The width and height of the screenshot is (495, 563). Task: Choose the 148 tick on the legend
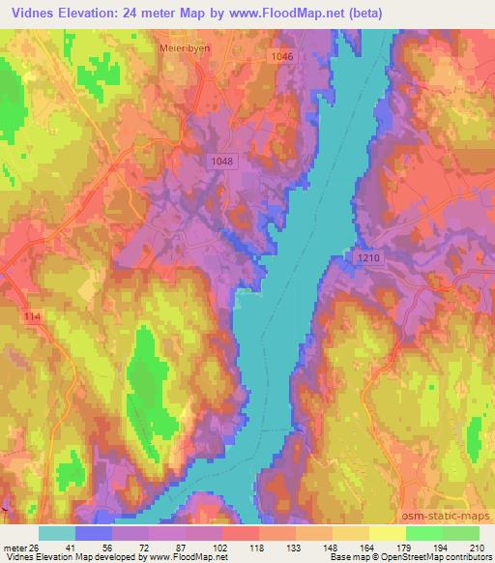tap(333, 547)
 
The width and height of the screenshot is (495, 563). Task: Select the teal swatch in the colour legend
tap(57, 533)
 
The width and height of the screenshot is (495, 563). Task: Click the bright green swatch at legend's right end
tap(461, 533)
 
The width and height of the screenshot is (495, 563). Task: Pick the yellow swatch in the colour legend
tap(388, 533)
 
